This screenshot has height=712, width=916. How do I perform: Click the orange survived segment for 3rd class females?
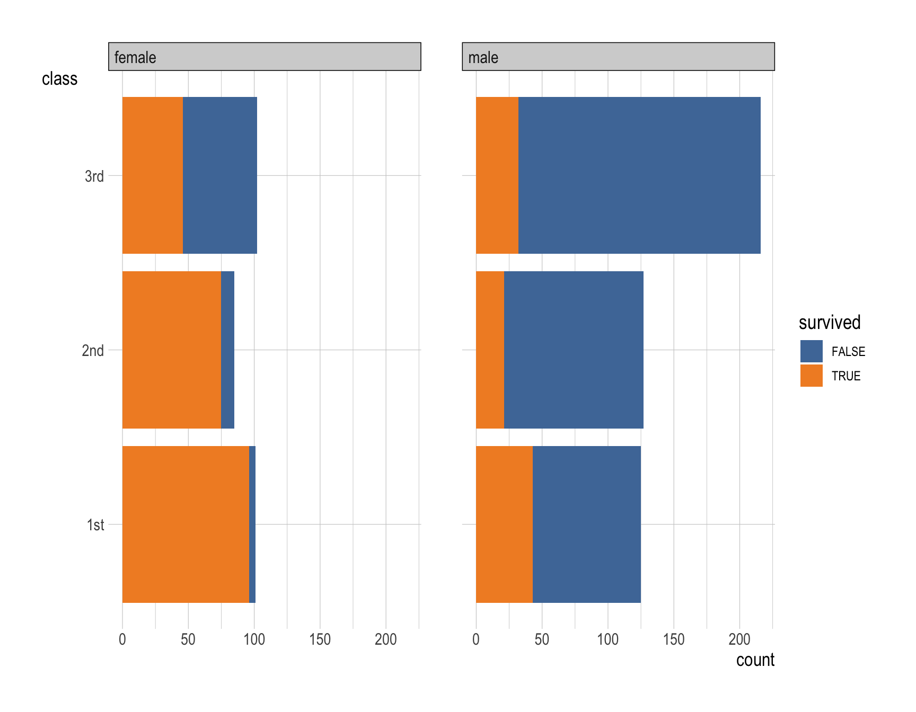153,175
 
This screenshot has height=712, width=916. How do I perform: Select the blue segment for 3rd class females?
220,175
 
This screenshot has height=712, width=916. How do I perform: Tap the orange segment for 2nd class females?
172,350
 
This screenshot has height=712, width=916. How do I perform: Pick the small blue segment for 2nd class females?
228,350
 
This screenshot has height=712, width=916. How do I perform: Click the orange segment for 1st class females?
186,524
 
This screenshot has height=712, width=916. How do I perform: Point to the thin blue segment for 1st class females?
252,524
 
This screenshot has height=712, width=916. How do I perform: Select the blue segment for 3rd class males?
639,175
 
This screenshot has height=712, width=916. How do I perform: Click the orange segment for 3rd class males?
497,175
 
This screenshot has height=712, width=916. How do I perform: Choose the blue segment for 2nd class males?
574,350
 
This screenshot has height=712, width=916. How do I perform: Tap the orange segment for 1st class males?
504,524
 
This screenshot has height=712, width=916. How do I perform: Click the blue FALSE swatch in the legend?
811,351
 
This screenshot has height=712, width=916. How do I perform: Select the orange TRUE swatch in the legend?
811,376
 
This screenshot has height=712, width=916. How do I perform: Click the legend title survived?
829,323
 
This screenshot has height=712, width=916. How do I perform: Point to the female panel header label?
135,57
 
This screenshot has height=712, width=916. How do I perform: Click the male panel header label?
483,57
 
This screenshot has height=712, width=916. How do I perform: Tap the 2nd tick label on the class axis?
93,351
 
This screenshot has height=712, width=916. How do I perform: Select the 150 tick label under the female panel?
320,639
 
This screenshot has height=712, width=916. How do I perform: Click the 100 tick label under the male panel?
607,639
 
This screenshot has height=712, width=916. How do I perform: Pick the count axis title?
755,660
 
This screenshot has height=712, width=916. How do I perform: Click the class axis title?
59,79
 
